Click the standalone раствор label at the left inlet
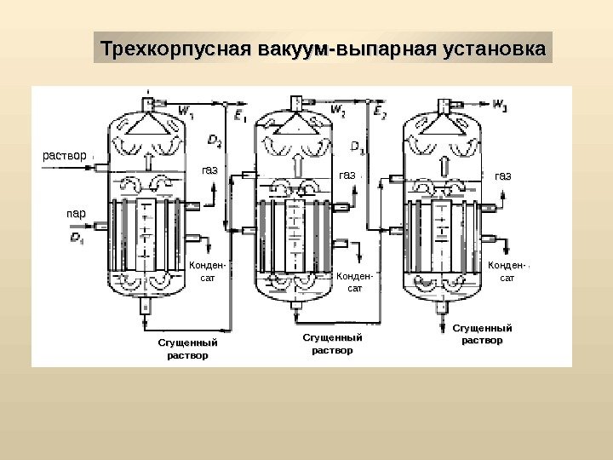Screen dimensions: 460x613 click(65, 156)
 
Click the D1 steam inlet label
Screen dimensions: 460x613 click(77, 236)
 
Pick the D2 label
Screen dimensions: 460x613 click(215, 141)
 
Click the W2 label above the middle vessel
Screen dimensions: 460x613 click(338, 110)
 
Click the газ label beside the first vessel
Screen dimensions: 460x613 click(209, 172)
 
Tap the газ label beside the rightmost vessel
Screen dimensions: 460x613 click(503, 176)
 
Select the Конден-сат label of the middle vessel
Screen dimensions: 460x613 click(356, 282)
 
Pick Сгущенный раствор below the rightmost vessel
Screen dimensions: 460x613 click(481, 333)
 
